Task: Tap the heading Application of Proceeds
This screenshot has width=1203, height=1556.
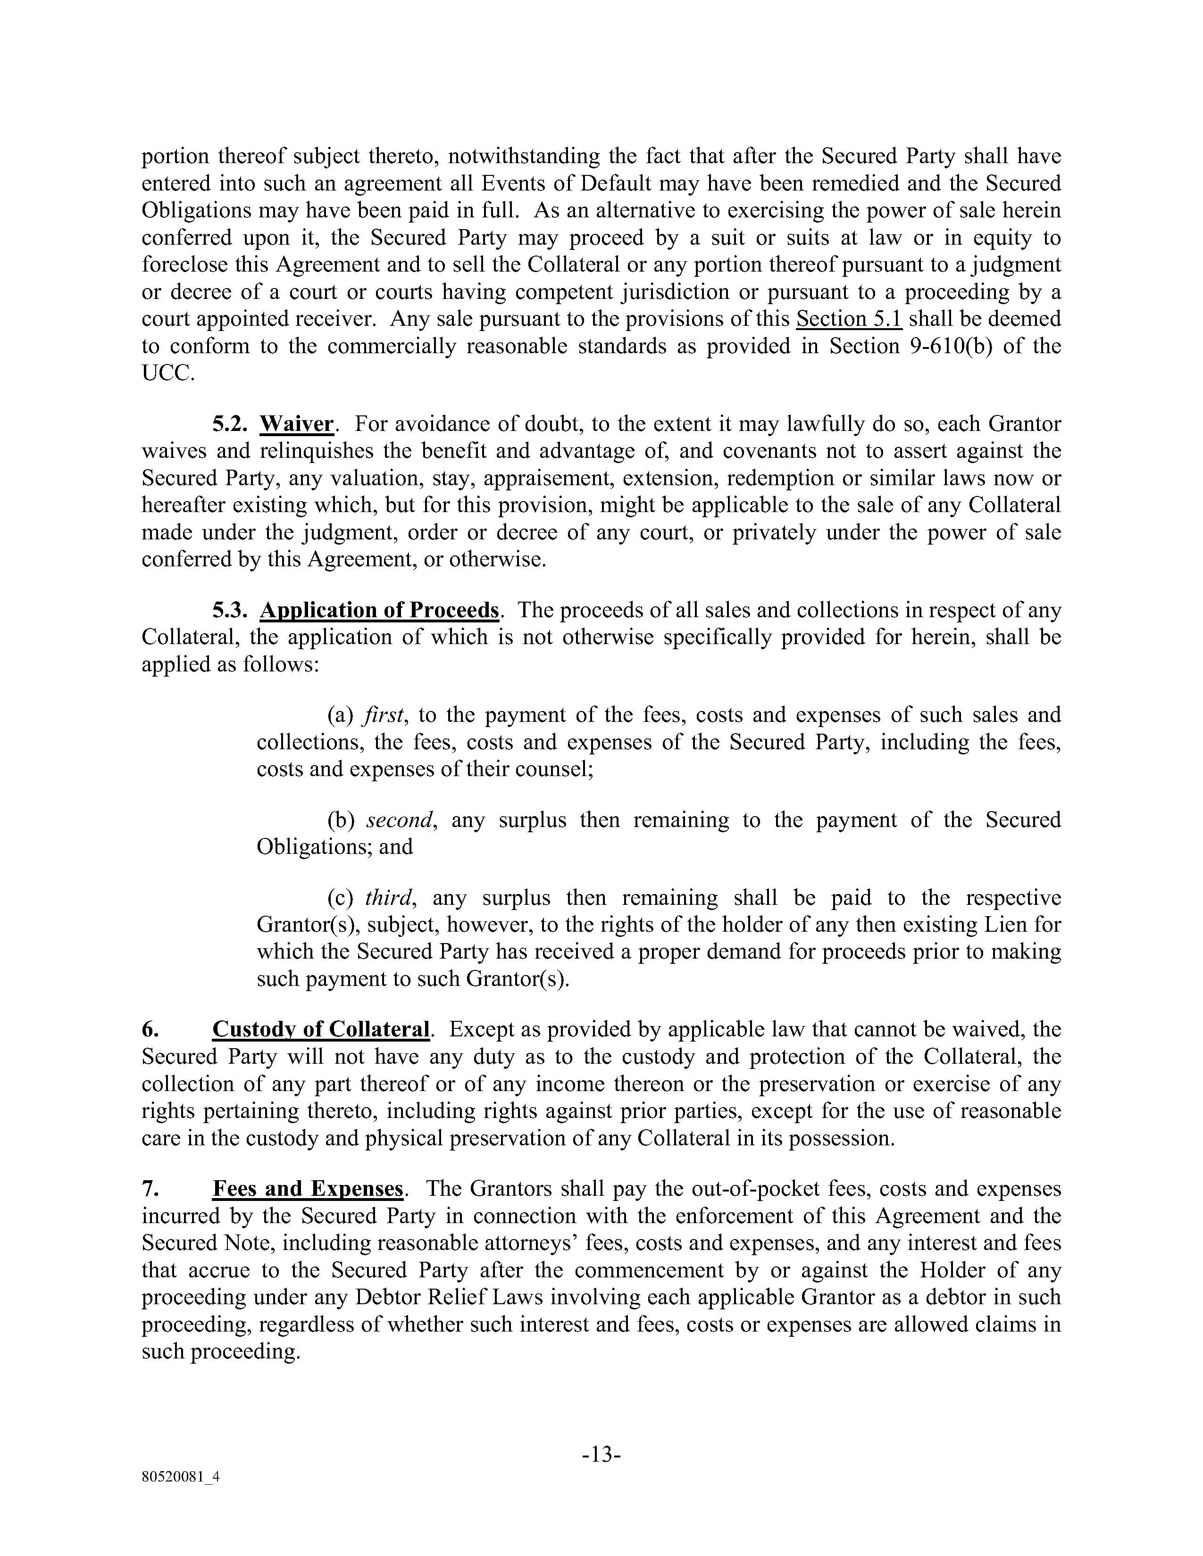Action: [379, 611]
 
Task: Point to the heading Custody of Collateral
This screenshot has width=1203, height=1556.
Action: [321, 1029]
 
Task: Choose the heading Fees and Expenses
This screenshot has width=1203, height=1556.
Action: [308, 1189]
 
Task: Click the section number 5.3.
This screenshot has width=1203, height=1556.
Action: [229, 611]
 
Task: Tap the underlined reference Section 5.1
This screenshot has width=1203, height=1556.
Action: [849, 318]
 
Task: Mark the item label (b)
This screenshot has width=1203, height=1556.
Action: [342, 820]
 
